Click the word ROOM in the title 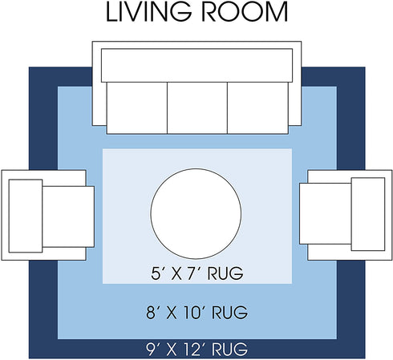[245, 12]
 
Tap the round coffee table [196, 214]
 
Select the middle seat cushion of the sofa [197, 107]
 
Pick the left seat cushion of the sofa [137, 107]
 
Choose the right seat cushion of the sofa [257, 107]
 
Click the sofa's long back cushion [196, 66]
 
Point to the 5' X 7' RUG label [197, 273]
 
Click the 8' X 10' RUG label [197, 313]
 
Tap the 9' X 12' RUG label [197, 349]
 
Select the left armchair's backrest [26, 216]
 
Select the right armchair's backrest [368, 214]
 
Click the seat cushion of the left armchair [68, 216]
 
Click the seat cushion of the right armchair [326, 213]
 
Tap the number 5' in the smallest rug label [156, 273]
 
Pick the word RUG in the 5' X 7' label [225, 273]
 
